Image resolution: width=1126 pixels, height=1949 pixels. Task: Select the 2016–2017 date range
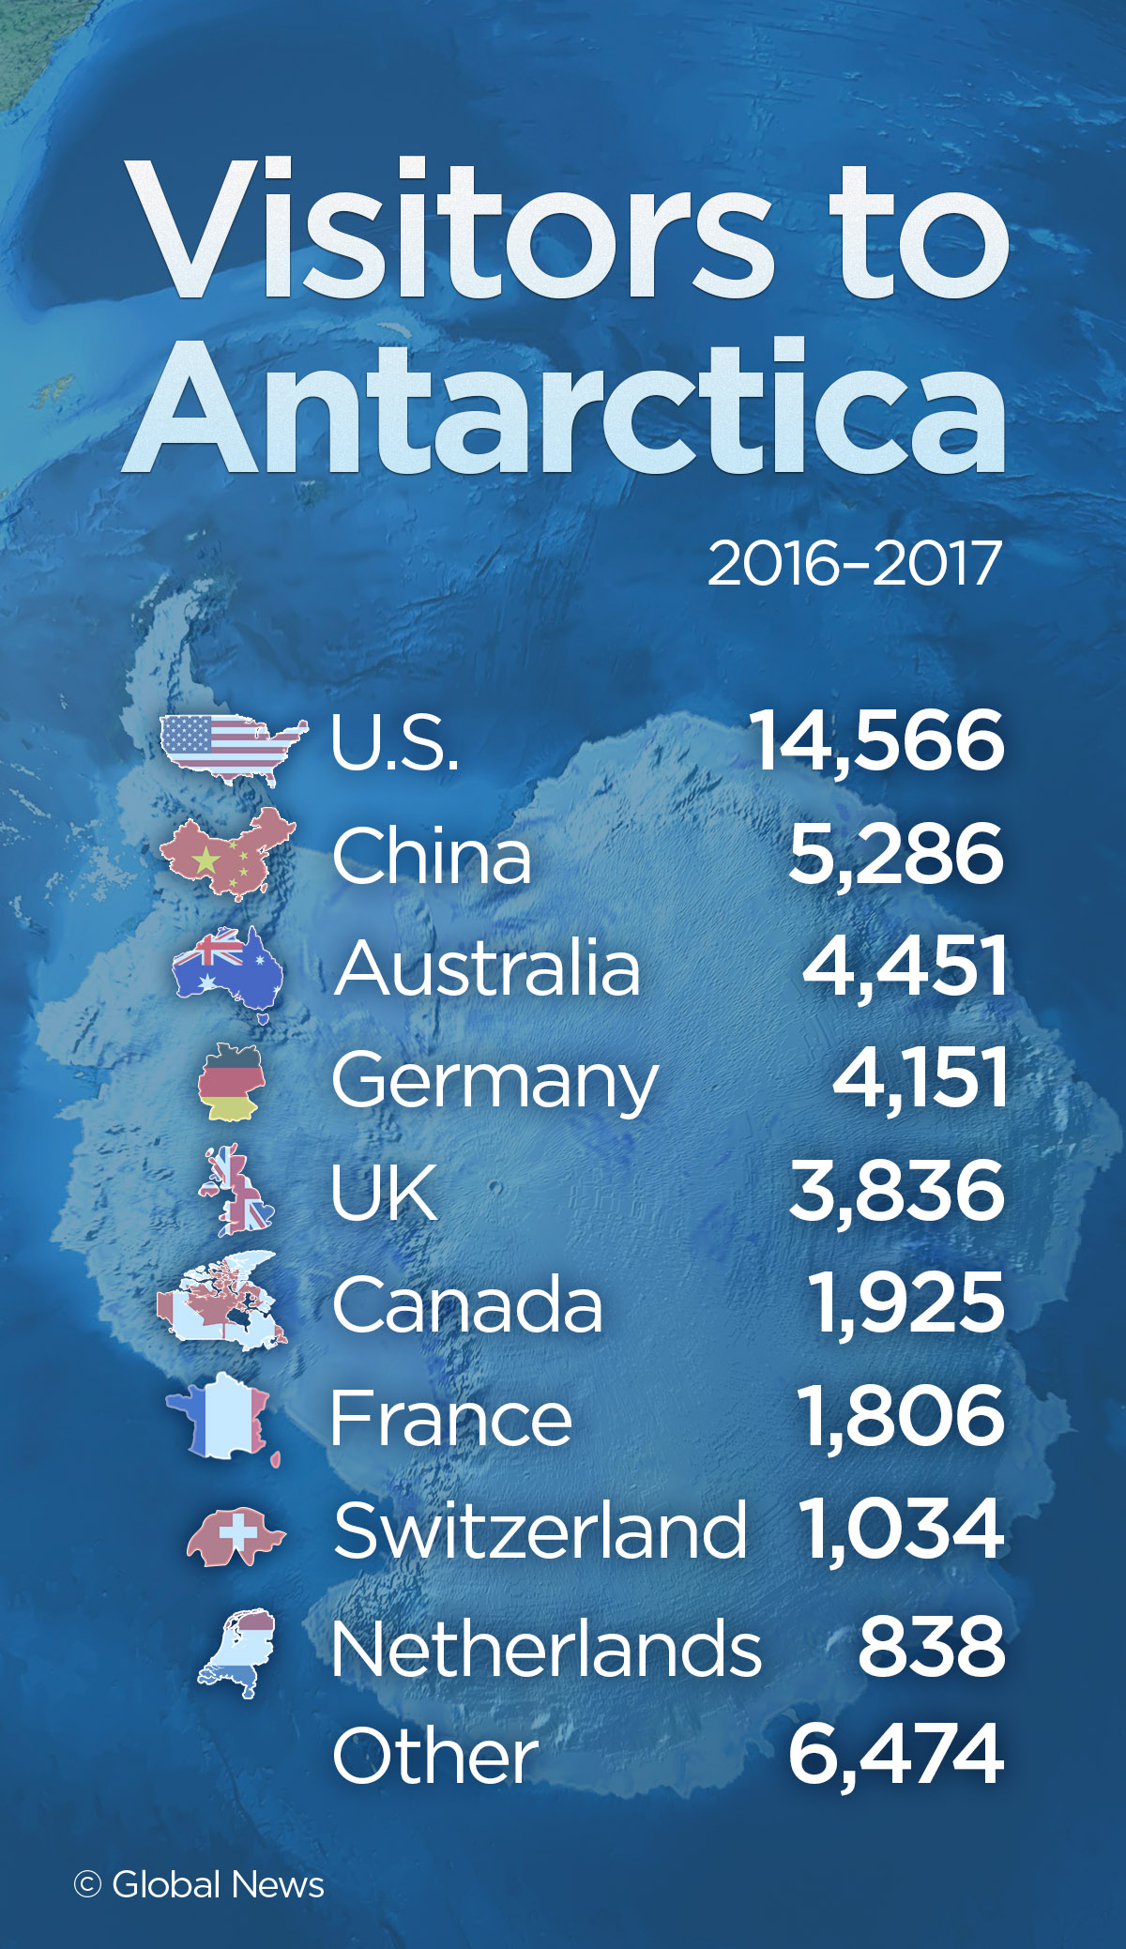(x=854, y=565)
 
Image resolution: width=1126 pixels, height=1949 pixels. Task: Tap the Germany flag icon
(x=231, y=1081)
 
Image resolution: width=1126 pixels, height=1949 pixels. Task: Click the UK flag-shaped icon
(x=236, y=1190)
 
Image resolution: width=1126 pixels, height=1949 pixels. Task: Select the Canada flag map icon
(x=222, y=1302)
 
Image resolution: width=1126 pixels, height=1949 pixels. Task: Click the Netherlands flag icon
(x=238, y=1652)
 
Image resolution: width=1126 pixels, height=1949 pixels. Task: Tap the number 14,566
(x=877, y=741)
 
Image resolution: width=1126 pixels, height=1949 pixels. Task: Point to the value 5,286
(x=895, y=855)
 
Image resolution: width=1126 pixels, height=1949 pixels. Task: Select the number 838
(x=931, y=1647)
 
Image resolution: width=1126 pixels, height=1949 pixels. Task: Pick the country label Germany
(x=495, y=1081)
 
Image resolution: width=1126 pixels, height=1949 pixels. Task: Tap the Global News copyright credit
(x=199, y=1884)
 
